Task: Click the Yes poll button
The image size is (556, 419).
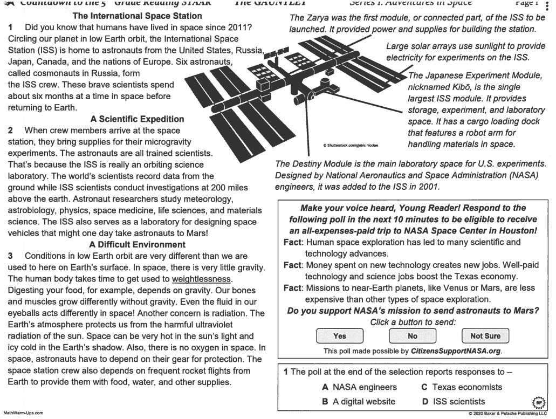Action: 340,336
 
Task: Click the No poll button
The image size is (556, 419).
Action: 413,336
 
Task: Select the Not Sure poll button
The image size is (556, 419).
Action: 485,336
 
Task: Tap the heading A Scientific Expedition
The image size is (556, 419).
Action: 138,119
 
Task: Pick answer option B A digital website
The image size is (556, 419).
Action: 358,401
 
